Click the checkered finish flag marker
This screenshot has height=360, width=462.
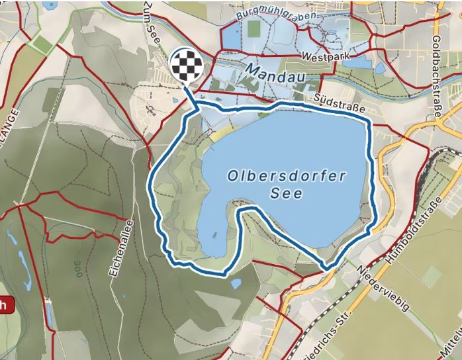click(185, 66)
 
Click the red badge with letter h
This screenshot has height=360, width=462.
click(5, 304)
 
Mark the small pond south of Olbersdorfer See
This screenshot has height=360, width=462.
click(236, 284)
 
